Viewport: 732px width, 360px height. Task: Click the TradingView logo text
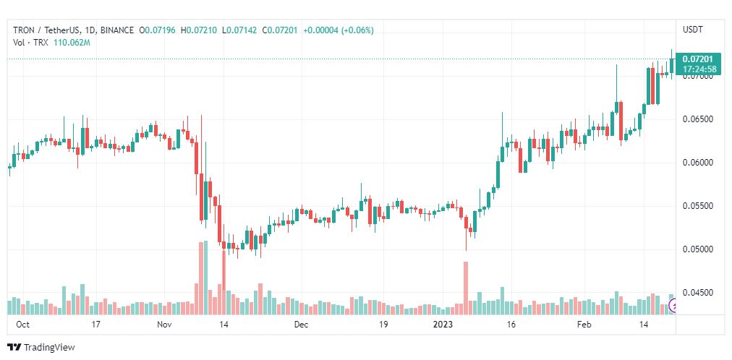pyautogui.click(x=48, y=347)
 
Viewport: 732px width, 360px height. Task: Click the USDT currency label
pyautogui.click(x=693, y=30)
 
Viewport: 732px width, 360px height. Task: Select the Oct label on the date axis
pyautogui.click(x=23, y=325)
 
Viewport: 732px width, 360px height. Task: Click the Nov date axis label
pyautogui.click(x=164, y=325)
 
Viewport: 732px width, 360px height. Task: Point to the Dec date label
pyautogui.click(x=302, y=325)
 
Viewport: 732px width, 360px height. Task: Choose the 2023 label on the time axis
pyautogui.click(x=443, y=325)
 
